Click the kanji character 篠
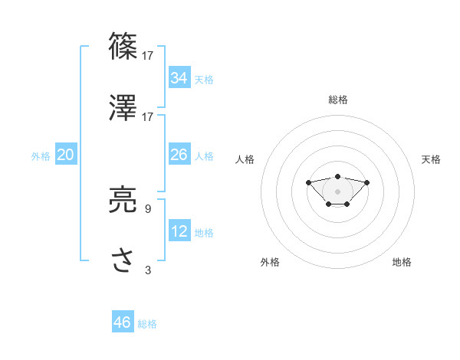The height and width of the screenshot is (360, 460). (123, 46)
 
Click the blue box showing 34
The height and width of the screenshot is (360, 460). (179, 78)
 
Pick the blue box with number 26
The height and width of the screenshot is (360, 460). (179, 155)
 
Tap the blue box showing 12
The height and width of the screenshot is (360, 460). (179, 231)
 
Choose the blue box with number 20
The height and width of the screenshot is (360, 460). (65, 155)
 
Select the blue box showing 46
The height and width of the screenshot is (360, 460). (123, 322)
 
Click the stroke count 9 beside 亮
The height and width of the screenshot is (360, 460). (148, 208)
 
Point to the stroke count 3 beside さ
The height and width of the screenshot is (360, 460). (148, 270)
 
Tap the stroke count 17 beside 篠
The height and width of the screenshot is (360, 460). (148, 55)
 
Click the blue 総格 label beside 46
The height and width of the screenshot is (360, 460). (147, 324)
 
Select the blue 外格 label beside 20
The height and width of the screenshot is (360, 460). (41, 156)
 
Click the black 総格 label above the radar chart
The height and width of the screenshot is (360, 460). (338, 100)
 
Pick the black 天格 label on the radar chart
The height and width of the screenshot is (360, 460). (431, 159)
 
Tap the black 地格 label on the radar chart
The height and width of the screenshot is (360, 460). (402, 262)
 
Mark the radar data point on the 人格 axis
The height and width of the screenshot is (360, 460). (308, 182)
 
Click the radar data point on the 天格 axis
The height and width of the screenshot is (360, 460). (367, 182)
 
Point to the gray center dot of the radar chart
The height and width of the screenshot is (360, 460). (337, 191)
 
